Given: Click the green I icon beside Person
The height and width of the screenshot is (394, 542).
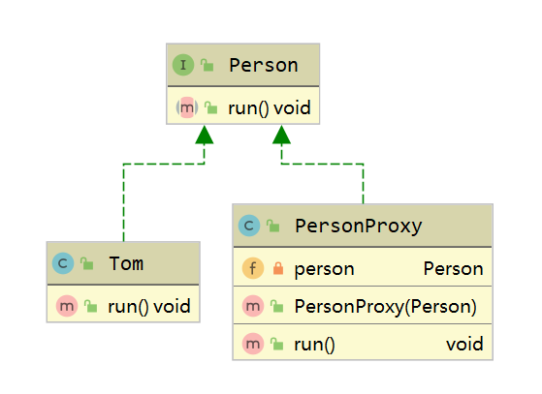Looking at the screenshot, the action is click(183, 65).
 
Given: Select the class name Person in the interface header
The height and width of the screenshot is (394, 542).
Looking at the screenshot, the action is click(264, 65).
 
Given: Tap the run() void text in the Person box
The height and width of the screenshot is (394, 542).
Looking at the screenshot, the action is click(270, 108).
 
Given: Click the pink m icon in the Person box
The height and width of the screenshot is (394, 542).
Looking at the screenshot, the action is click(187, 107).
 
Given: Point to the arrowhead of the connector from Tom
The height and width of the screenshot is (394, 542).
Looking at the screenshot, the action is click(205, 135).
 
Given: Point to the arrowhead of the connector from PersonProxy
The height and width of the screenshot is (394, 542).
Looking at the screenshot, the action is click(281, 135).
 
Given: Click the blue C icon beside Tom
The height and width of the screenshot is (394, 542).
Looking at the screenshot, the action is click(63, 263).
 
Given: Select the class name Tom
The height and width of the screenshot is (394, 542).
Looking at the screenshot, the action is click(126, 263).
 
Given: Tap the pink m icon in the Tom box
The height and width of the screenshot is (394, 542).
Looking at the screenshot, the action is click(67, 306).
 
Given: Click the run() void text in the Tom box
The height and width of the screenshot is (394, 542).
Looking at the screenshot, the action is click(149, 306).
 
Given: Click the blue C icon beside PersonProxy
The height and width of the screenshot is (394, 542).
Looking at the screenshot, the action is click(249, 226).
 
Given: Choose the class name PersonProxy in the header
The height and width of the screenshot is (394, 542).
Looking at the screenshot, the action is click(359, 227).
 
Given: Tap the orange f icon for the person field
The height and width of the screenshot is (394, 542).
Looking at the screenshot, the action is click(253, 268).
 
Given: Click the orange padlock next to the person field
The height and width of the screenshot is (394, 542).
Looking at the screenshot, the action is click(278, 268).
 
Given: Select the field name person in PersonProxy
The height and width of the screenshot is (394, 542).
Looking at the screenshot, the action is click(324, 269).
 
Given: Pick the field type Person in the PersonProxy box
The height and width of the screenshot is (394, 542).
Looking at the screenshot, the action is click(453, 268).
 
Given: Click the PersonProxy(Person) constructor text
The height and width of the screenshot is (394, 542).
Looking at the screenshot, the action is click(386, 306).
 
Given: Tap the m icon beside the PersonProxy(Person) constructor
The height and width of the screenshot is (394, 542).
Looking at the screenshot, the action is click(253, 306).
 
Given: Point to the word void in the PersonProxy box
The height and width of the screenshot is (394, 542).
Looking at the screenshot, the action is click(464, 344).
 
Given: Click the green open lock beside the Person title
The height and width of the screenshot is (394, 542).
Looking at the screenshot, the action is click(207, 65).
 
